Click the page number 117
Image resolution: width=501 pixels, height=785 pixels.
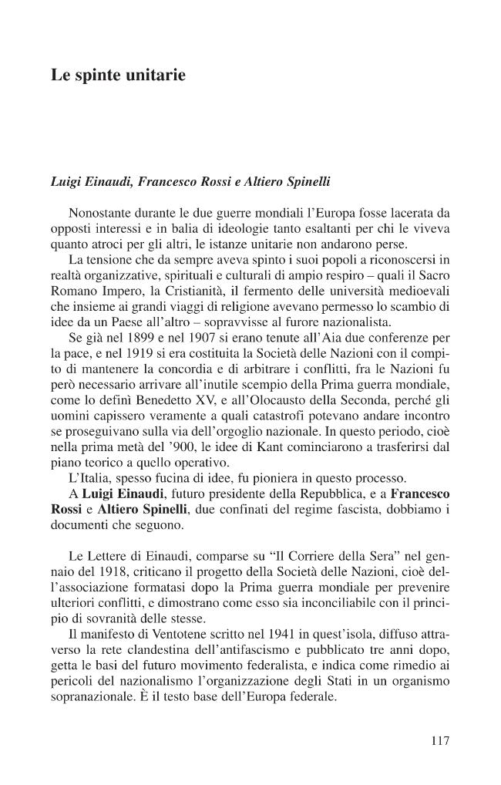[439, 741]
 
